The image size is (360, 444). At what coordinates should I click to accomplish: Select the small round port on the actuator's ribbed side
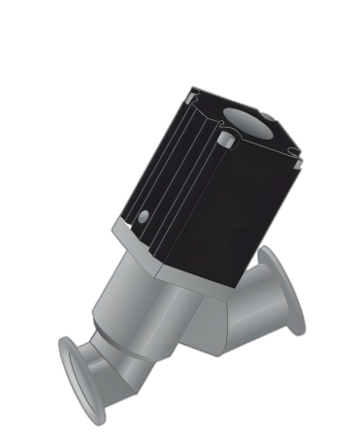(x=145, y=216)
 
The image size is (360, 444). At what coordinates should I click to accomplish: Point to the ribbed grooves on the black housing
(x=170, y=174)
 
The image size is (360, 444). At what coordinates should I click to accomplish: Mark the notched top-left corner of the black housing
(x=193, y=94)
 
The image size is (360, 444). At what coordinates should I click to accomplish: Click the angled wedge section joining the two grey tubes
(x=209, y=325)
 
